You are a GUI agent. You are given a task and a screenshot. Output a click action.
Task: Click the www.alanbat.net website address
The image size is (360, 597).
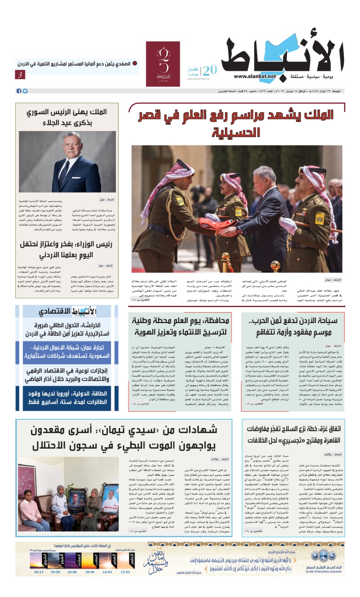tap(255, 76)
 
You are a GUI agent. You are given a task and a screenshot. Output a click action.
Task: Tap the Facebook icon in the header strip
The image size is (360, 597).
tap(19, 91)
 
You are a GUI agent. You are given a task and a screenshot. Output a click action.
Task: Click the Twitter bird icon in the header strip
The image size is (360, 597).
tap(25, 91)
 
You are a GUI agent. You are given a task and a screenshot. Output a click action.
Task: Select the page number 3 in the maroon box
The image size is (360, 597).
tap(20, 75)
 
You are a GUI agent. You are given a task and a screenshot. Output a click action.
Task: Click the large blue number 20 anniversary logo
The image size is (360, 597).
tap(210, 70)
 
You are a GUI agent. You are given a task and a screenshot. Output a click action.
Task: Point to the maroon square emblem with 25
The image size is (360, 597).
tap(163, 64)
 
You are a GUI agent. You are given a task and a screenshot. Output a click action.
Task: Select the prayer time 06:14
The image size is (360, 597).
tap(39, 572)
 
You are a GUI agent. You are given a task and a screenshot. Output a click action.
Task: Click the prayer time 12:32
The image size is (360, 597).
tap(125, 572)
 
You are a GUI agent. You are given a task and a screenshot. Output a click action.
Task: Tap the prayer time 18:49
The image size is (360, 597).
tap(90, 572)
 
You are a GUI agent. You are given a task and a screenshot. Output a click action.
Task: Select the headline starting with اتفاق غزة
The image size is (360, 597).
tap(294, 434)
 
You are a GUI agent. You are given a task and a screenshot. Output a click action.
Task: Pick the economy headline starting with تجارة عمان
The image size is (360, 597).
tap(67, 351)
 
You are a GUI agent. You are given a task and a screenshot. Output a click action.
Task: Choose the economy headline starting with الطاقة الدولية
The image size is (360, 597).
tap(67, 397)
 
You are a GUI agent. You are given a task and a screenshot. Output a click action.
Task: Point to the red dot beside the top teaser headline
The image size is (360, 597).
tap(135, 63)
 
